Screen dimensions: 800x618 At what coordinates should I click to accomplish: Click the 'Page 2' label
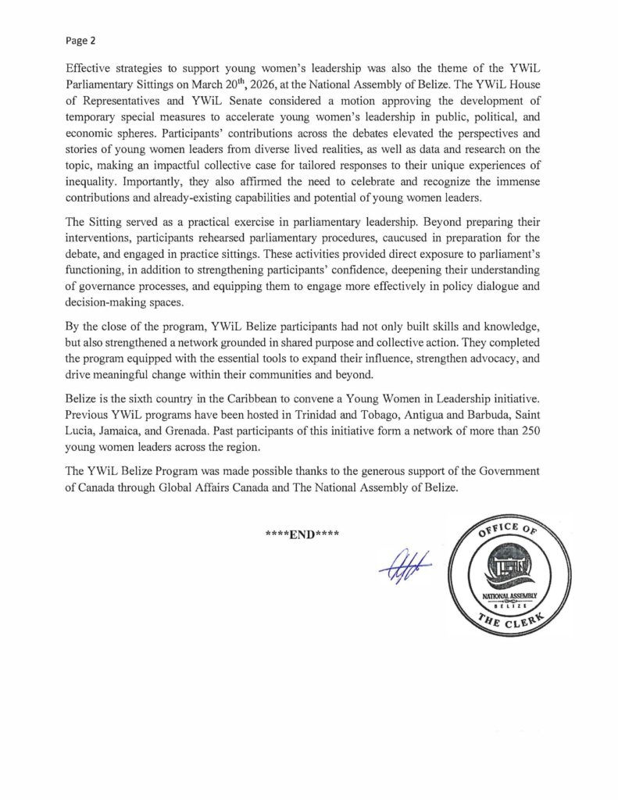[80, 37]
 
